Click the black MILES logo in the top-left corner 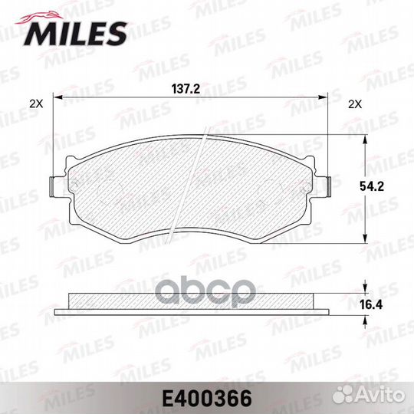click(77, 31)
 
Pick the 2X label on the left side click(34, 102)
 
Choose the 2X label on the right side click(354, 102)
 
